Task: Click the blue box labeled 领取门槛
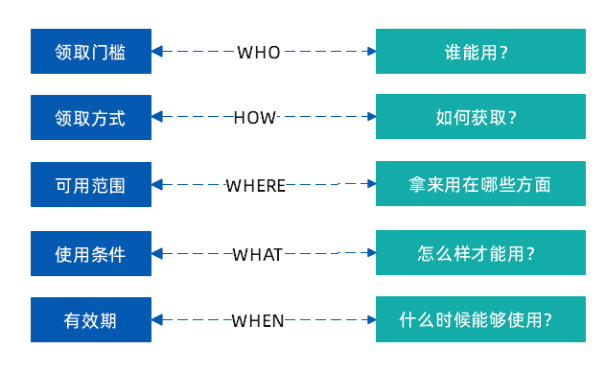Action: coord(91,51)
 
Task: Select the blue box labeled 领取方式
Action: coord(91,117)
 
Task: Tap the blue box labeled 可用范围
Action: coord(91,184)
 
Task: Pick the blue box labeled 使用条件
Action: coord(91,253)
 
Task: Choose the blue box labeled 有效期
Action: coord(91,320)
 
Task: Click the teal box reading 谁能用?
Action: coord(480,51)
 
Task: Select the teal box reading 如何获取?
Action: coord(480,117)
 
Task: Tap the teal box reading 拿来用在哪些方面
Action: coord(480,184)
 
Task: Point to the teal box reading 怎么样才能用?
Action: coord(480,253)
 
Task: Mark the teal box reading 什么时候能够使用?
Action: coord(480,320)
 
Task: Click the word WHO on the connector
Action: coord(259,52)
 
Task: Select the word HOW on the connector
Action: coord(255,117)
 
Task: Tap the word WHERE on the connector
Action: coord(256,185)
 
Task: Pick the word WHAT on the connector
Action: coord(258,254)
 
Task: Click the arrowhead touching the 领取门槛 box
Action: coord(158,51)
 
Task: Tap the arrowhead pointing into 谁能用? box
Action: coord(370,51)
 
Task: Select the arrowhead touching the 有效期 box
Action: coord(158,320)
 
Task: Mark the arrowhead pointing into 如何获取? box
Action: coord(370,117)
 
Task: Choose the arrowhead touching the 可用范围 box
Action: coord(158,184)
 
